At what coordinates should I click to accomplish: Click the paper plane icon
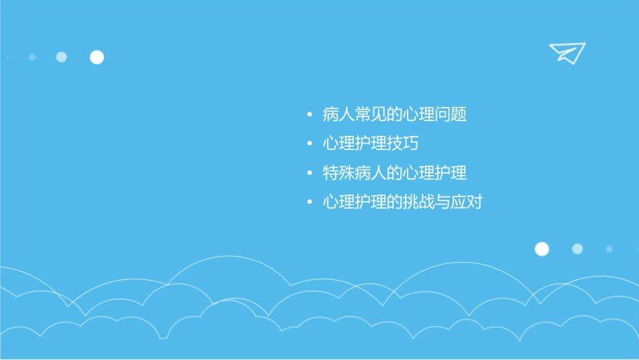(x=566, y=52)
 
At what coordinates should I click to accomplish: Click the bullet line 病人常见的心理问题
(x=394, y=115)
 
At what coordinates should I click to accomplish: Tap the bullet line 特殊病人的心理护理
(x=394, y=173)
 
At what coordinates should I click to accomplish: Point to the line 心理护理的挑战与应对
(x=402, y=202)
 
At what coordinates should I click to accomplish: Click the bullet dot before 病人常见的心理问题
(x=309, y=115)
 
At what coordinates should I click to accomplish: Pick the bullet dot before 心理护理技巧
(x=309, y=144)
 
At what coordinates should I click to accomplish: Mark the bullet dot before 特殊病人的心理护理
(x=309, y=173)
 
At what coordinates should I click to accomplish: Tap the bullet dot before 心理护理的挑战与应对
(x=309, y=202)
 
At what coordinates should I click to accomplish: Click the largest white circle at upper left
(x=97, y=57)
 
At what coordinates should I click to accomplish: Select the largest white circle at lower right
(x=541, y=249)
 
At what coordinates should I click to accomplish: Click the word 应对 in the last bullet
(x=467, y=202)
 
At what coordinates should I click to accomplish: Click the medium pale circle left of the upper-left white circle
(x=61, y=57)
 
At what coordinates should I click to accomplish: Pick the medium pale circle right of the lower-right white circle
(x=577, y=249)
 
